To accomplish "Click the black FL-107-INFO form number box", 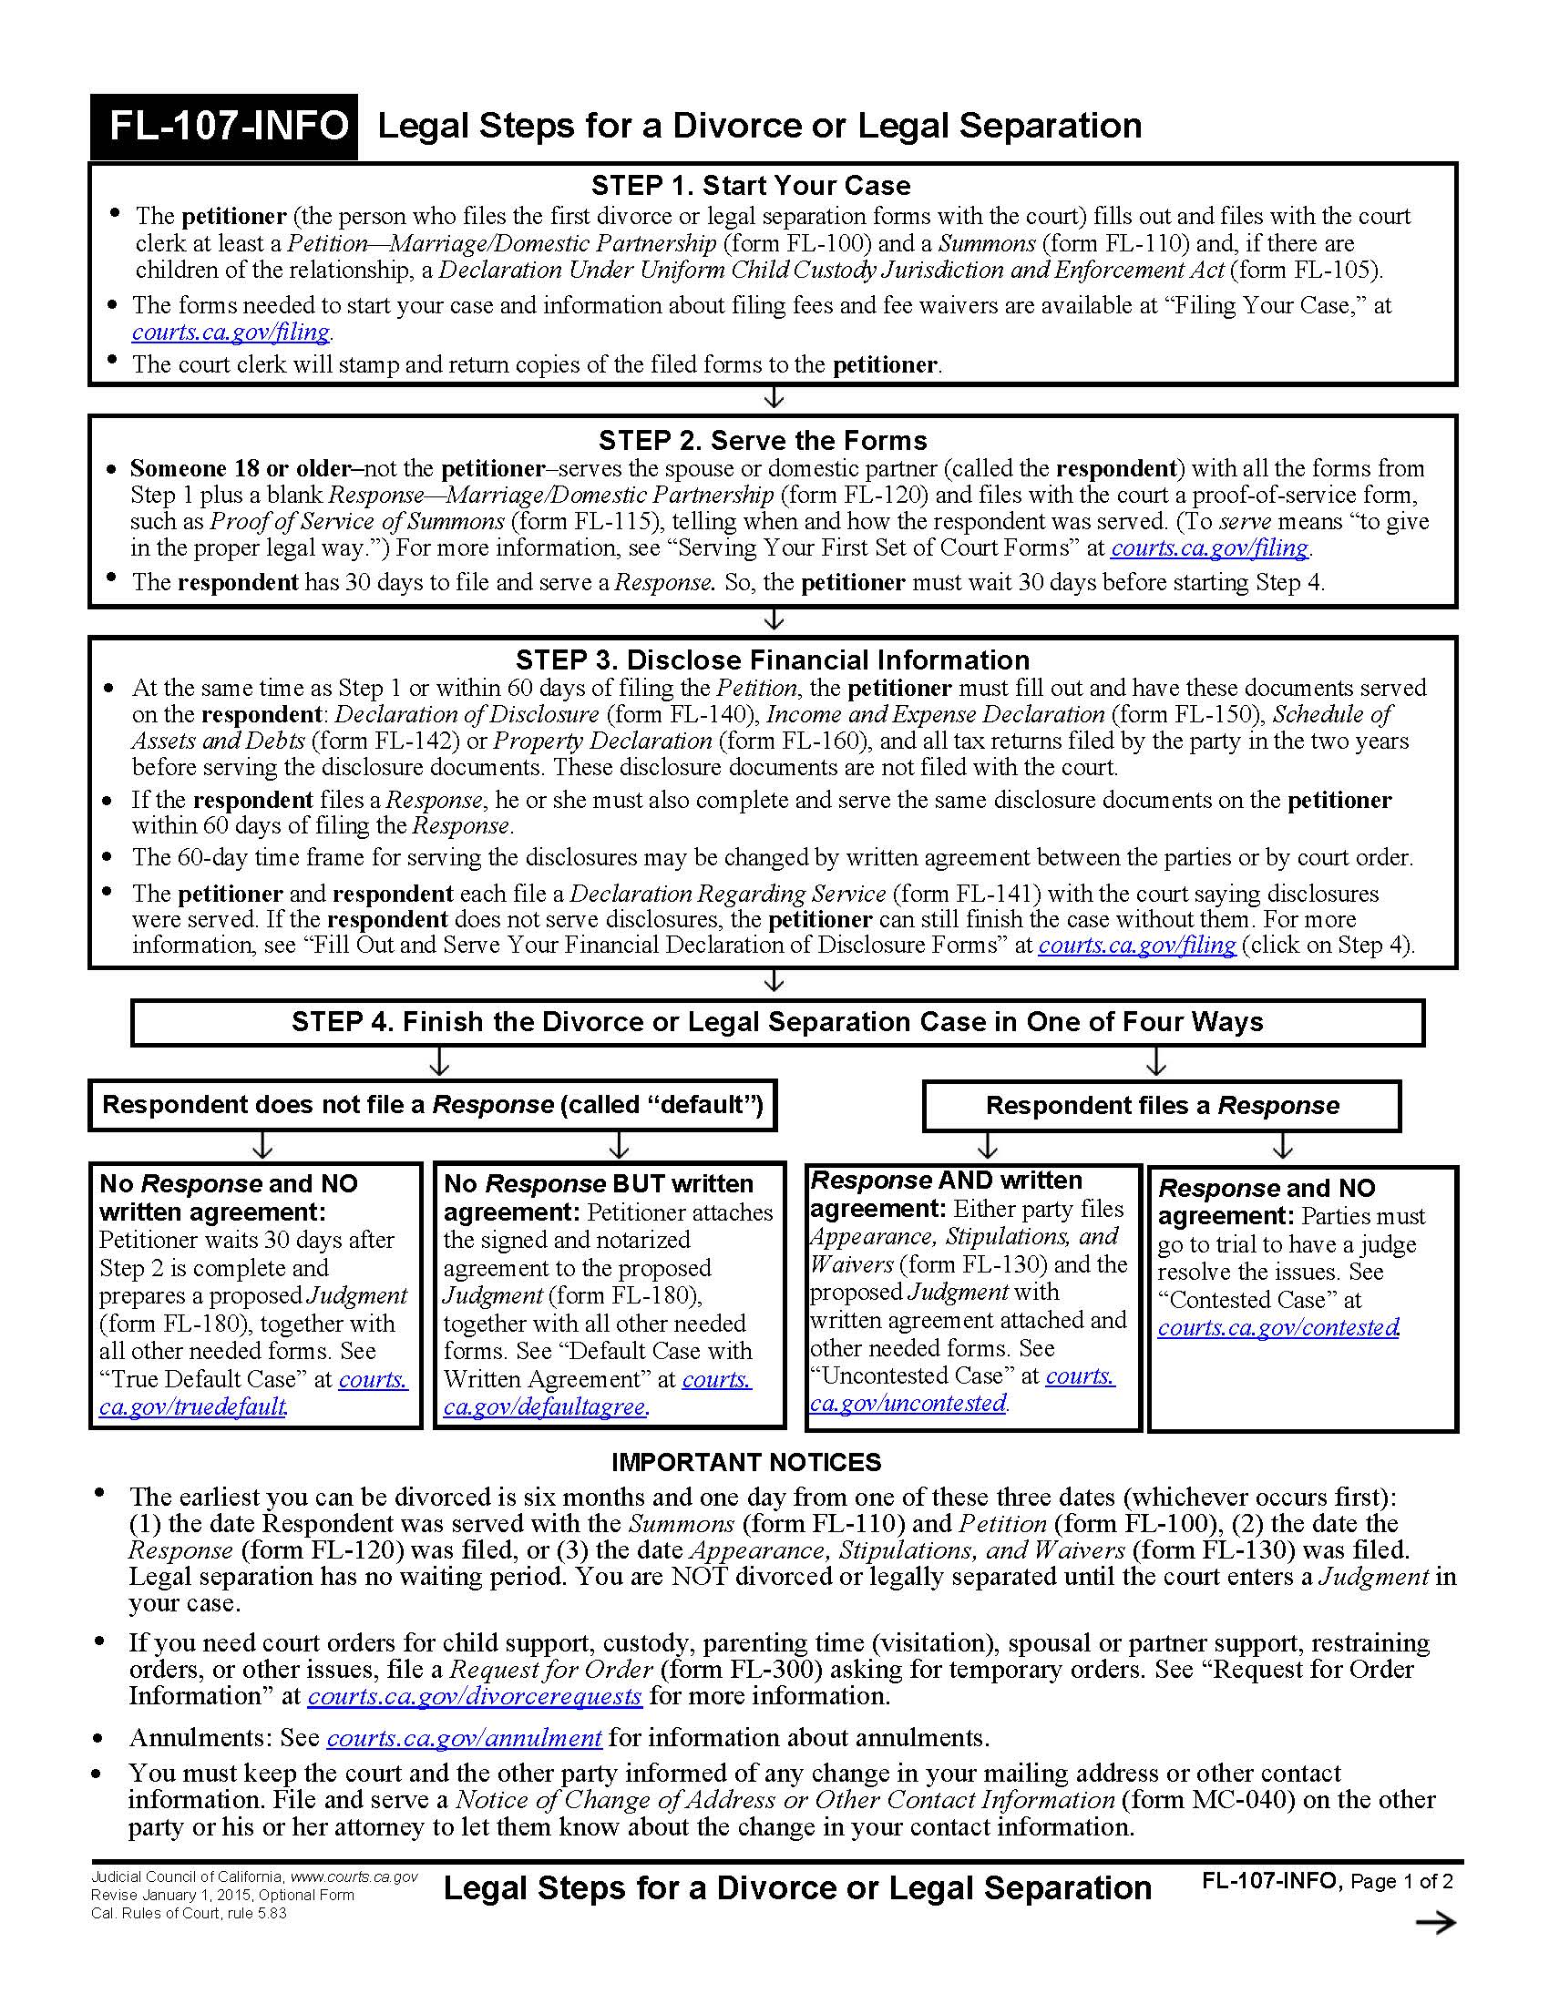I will (x=224, y=126).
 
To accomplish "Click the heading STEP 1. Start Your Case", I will (x=751, y=185).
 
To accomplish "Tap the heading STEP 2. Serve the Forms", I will (x=763, y=441).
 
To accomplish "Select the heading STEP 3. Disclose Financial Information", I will (x=772, y=659).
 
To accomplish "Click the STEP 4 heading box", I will (x=776, y=1022).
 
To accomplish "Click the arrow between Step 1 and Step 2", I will (x=774, y=398).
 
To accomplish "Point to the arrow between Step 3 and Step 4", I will (x=774, y=982).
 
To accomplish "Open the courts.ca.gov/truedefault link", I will (x=192, y=1406).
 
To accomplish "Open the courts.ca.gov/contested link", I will (x=1278, y=1327).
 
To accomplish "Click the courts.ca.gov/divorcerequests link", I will (x=475, y=1696).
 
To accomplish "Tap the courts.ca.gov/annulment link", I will (x=465, y=1738).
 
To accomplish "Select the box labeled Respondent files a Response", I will (x=1162, y=1106).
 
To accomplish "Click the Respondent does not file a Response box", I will (x=432, y=1105).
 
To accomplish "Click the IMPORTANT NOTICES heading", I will (x=746, y=1463).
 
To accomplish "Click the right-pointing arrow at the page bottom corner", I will (x=1435, y=1923).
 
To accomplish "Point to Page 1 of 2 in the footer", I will (x=1401, y=1881).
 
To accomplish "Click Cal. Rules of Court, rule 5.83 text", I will (x=188, y=1913).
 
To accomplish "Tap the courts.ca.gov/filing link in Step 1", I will (x=231, y=332).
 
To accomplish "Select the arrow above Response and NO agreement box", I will (x=1283, y=1147).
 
